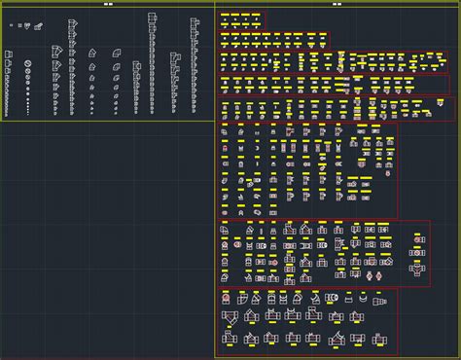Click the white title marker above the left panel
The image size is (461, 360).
click(x=108, y=4)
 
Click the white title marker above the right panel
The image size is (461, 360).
click(x=337, y=4)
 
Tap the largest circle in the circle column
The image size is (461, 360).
click(x=29, y=63)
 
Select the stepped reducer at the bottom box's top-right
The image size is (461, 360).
click(x=374, y=298)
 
